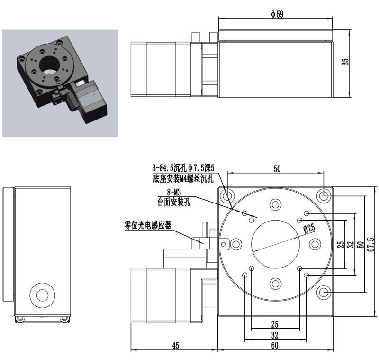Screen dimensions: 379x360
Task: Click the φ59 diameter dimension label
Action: [277, 14]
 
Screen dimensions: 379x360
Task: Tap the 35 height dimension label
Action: [345, 62]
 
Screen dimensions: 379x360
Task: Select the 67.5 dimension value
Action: [370, 244]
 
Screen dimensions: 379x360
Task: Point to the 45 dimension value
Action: [176, 345]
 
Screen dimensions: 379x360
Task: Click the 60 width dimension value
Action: [275, 345]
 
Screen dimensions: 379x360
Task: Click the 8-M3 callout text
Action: [174, 193]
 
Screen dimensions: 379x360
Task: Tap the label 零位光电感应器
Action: [148, 225]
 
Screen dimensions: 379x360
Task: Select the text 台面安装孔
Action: [174, 202]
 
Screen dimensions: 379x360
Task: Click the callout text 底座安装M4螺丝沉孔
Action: [183, 178]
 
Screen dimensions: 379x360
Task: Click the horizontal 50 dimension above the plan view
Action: [277, 169]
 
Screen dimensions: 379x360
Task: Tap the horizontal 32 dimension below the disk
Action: [275, 335]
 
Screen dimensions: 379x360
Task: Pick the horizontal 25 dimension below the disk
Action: [275, 324]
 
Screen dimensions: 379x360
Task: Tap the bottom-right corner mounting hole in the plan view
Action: [324, 293]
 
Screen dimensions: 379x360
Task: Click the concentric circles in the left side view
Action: [42, 295]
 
